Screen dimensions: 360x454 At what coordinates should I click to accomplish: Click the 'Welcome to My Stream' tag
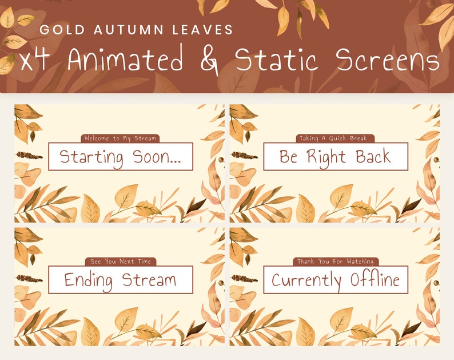pos(120,138)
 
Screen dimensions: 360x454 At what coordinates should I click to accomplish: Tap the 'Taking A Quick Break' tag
pos(336,138)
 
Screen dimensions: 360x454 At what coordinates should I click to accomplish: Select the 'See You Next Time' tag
pos(120,262)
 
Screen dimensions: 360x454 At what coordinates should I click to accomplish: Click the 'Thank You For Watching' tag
pos(336,262)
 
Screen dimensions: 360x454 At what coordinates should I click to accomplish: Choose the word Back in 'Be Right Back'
pos(373,156)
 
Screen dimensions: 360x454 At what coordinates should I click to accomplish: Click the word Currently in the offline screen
pos(306,280)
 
